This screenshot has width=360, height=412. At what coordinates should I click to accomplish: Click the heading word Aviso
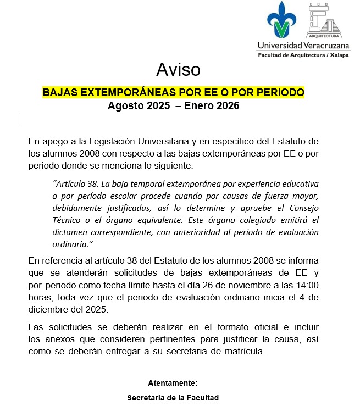pos(178,70)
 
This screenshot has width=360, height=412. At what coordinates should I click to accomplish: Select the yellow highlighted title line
pos(173,92)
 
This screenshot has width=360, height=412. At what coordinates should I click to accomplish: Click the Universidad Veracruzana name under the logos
pos(303,46)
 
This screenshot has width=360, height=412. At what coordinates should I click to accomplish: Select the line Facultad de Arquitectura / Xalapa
pos(303,55)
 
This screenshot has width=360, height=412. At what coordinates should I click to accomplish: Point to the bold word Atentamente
pos(173,383)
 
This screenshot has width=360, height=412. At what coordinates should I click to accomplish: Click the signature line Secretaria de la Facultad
pos(173,397)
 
